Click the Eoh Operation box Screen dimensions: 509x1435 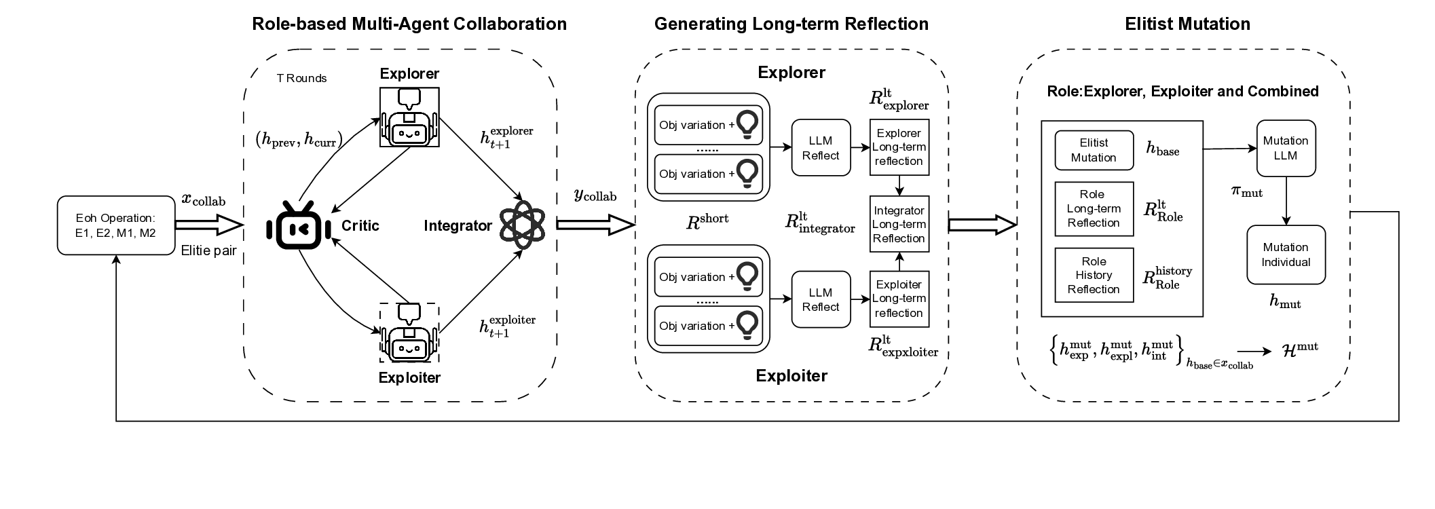[116, 225]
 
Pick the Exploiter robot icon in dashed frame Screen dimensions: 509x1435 [409, 333]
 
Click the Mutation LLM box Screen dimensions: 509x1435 [1285, 149]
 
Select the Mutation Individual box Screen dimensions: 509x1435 [1285, 254]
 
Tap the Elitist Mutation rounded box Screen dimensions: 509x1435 [1094, 151]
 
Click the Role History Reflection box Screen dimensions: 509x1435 [1094, 275]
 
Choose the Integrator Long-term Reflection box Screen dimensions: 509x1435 [899, 225]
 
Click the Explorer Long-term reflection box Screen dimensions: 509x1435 [899, 147]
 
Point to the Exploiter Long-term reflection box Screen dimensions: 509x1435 [899, 299]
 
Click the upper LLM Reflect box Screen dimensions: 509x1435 [821, 148]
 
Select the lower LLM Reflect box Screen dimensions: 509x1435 [821, 299]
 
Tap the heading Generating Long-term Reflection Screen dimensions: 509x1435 [791, 24]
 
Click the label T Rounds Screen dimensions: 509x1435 [301, 79]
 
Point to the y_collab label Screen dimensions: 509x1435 [595, 195]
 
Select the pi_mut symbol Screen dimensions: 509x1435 [1246, 192]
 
